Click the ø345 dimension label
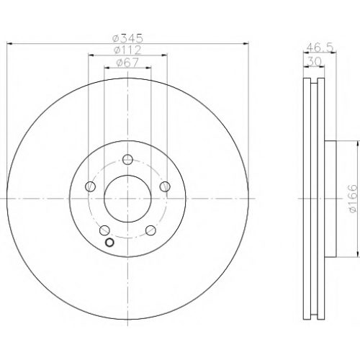click(127, 38)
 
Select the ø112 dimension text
click(127, 50)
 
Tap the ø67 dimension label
click(127, 63)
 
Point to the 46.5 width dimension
click(320, 48)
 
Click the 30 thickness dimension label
click(314, 62)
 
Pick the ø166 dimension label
click(353, 198)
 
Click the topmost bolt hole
click(127, 159)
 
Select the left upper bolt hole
click(91, 186)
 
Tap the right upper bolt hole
click(165, 186)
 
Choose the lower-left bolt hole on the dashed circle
click(104, 230)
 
